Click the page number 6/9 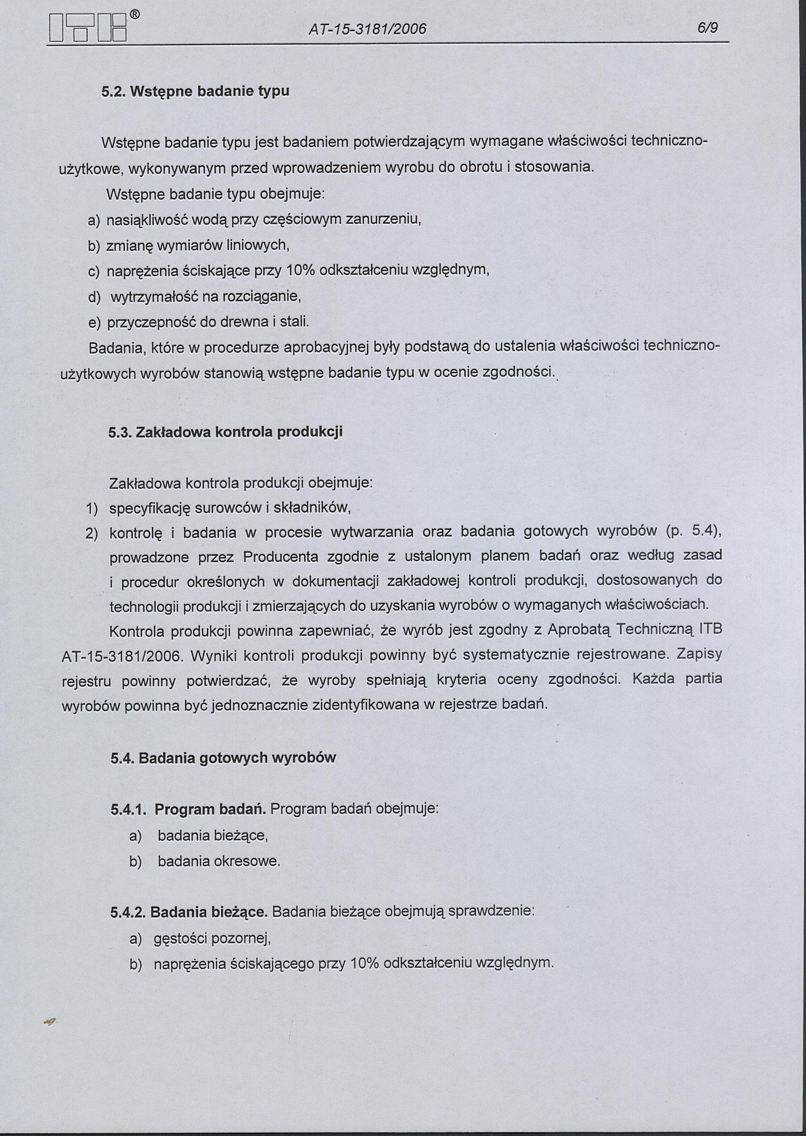(707, 29)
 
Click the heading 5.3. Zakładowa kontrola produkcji (225, 432)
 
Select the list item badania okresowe (219, 861)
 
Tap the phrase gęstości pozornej (212, 939)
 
